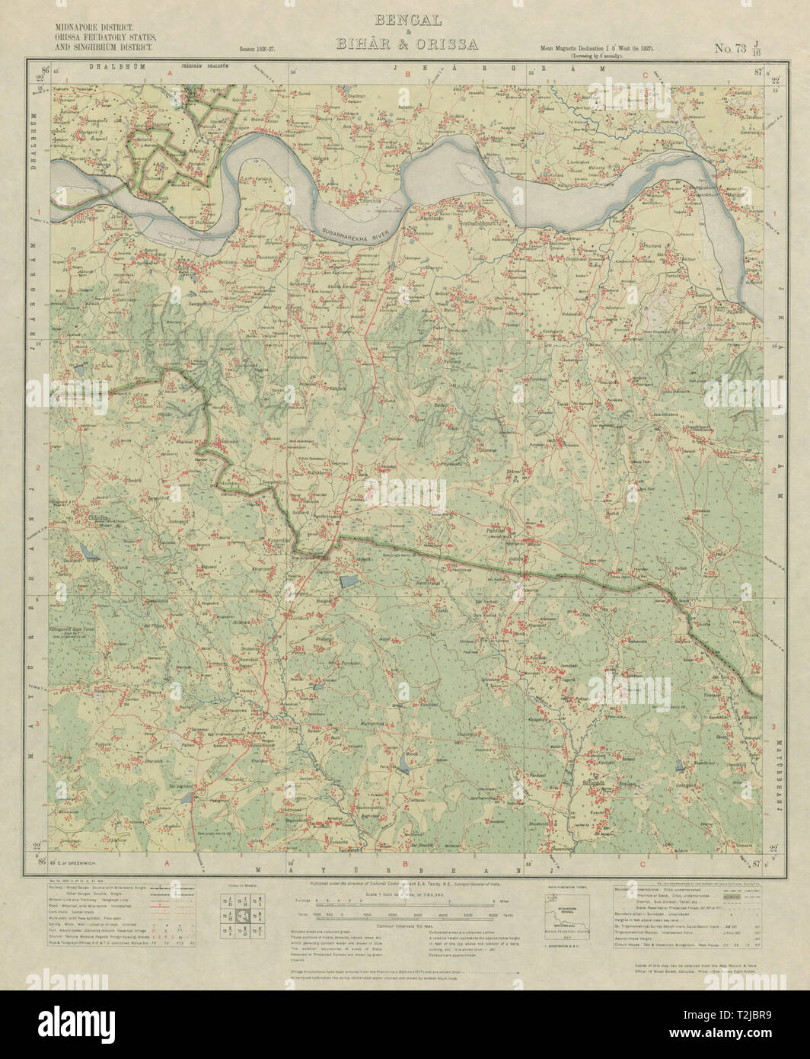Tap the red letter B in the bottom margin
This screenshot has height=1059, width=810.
(x=406, y=864)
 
